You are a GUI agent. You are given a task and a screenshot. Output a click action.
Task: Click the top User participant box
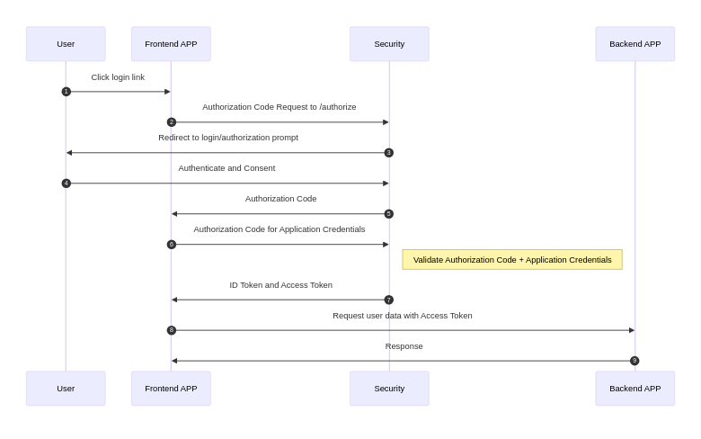click(x=66, y=44)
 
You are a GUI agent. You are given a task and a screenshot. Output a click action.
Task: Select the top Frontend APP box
click(x=171, y=44)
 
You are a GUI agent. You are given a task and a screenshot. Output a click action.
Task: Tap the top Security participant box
click(x=389, y=44)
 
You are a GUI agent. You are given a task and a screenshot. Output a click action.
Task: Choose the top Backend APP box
click(x=634, y=44)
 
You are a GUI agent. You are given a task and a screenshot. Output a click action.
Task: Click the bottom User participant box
click(x=66, y=389)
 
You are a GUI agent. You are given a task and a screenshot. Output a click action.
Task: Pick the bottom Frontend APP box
click(x=171, y=389)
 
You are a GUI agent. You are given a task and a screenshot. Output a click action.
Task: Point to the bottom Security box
click(x=389, y=389)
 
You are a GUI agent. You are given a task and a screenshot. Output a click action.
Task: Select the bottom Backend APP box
click(x=634, y=389)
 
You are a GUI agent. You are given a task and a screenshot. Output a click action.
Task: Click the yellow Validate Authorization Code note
click(x=512, y=260)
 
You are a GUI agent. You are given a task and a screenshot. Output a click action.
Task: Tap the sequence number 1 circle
click(x=66, y=92)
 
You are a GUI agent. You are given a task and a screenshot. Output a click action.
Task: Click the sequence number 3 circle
click(x=389, y=153)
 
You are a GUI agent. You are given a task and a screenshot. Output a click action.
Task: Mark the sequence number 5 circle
click(x=389, y=214)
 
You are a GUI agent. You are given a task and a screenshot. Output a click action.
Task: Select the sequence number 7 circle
click(x=389, y=300)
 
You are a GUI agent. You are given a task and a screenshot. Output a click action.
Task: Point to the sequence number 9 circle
click(x=634, y=361)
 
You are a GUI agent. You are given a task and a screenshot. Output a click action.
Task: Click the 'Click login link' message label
click(x=118, y=77)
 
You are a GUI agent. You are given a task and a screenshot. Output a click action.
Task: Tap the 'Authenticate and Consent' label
click(x=226, y=168)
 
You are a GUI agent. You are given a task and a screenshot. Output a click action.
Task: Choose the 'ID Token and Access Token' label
click(x=280, y=285)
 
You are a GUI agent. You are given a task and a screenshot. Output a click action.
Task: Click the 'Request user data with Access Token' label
click(x=402, y=316)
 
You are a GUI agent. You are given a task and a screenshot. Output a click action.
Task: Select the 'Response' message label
click(x=404, y=346)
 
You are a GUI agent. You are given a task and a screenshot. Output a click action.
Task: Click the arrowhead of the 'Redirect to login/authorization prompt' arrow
click(x=69, y=153)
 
